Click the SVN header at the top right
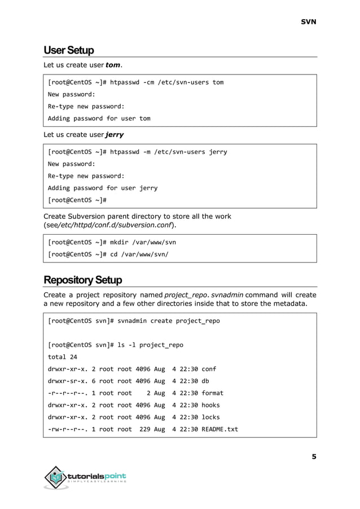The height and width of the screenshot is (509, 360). pos(308,22)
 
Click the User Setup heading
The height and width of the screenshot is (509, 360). pos(69,50)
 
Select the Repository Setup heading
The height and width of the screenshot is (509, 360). pos(82,280)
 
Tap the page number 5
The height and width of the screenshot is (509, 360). pos(314,457)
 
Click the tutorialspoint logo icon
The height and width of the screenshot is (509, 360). pos(55,478)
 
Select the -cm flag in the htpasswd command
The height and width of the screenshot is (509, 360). pos(150,82)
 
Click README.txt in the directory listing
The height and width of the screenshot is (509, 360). pos(219,429)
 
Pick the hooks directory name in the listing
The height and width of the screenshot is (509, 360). pos(210,405)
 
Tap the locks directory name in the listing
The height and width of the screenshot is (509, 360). pos(210,417)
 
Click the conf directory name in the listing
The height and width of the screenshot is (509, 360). pos(209,369)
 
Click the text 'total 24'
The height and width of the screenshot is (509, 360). pos(63,357)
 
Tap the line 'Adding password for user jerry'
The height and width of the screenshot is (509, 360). pos(103,188)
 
